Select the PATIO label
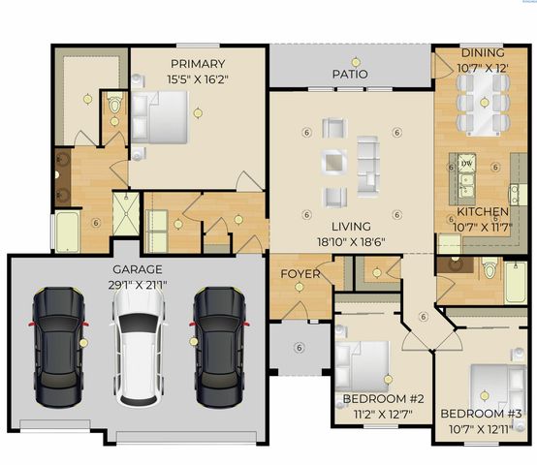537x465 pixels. pos(349,73)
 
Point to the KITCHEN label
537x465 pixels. pos(483,211)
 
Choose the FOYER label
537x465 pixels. pos(300,274)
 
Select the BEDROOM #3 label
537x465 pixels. pos(482,414)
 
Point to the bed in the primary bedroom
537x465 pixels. pos(161,117)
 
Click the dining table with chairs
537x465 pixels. pos(482,96)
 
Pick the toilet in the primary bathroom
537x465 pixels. pos(112,104)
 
